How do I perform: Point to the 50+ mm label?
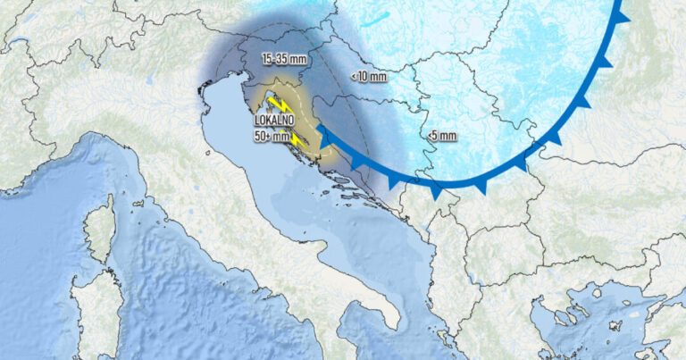271,138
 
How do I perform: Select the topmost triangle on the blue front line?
623,15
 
